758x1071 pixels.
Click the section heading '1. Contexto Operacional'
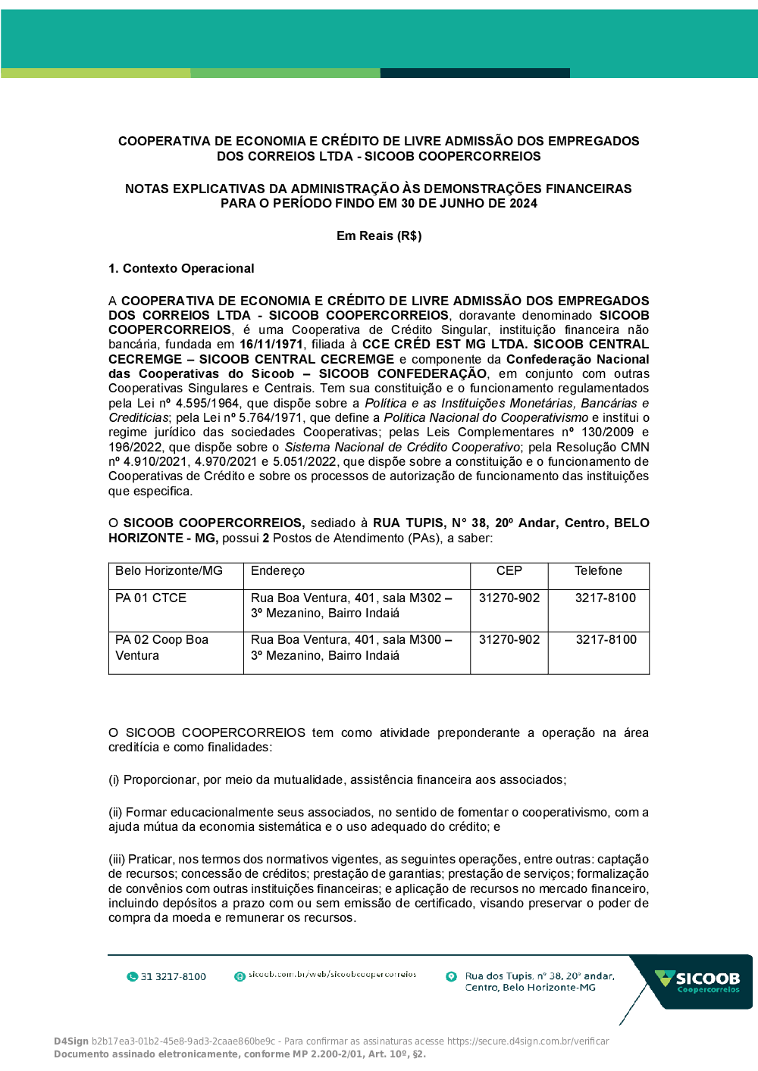[181, 269]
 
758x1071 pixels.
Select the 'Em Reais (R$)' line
[379, 236]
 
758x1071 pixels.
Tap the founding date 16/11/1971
[271, 345]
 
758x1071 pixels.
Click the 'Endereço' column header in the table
[277, 571]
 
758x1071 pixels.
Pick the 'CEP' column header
[509, 571]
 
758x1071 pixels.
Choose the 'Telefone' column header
[598, 571]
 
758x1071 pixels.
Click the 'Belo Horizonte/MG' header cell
[169, 571]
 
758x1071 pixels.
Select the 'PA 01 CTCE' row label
[151, 598]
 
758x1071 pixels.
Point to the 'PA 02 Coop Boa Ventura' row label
[161, 648]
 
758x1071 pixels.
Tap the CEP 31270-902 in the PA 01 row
[509, 598]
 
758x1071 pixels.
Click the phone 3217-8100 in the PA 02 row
[606, 640]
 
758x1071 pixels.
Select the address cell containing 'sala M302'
[351, 606]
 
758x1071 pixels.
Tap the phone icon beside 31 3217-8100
[133, 977]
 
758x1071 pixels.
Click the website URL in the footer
[332, 975]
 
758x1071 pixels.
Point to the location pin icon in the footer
[451, 977]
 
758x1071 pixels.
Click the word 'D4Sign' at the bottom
[71, 1041]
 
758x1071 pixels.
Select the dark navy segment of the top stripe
[475, 73]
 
